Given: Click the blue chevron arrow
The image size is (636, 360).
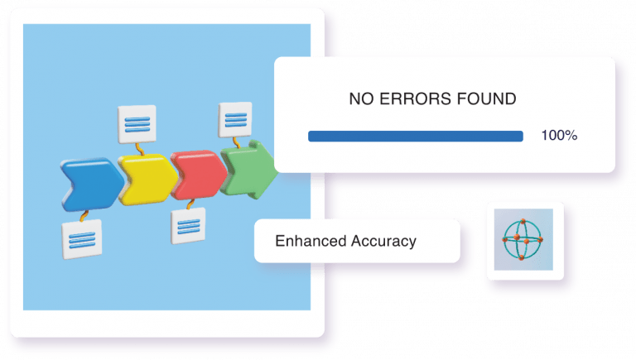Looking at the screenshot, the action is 92,185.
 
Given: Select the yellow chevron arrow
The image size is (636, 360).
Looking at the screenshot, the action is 147,180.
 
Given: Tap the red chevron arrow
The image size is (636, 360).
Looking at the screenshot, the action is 199,175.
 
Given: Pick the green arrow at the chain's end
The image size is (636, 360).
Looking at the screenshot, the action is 249,170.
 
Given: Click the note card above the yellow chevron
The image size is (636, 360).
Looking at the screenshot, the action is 137,124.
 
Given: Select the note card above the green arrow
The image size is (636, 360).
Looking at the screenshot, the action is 235,120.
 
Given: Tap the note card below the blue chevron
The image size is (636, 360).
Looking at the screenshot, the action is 82,239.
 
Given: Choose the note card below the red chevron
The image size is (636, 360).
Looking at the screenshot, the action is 188,226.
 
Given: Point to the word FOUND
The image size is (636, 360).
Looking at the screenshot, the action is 486,99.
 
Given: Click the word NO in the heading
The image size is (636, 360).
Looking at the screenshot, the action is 361,99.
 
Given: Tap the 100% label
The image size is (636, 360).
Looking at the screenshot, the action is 559,136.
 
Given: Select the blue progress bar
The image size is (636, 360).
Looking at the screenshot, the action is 416,137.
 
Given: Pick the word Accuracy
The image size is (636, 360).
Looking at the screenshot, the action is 383,242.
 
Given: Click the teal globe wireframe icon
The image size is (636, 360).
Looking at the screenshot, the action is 523,240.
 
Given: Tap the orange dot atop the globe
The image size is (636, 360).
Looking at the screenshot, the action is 523,221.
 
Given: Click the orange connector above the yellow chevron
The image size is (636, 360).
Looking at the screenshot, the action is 140,149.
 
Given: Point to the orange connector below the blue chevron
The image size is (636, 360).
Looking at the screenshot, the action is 84,216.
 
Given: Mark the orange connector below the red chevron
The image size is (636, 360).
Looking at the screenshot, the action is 190,204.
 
